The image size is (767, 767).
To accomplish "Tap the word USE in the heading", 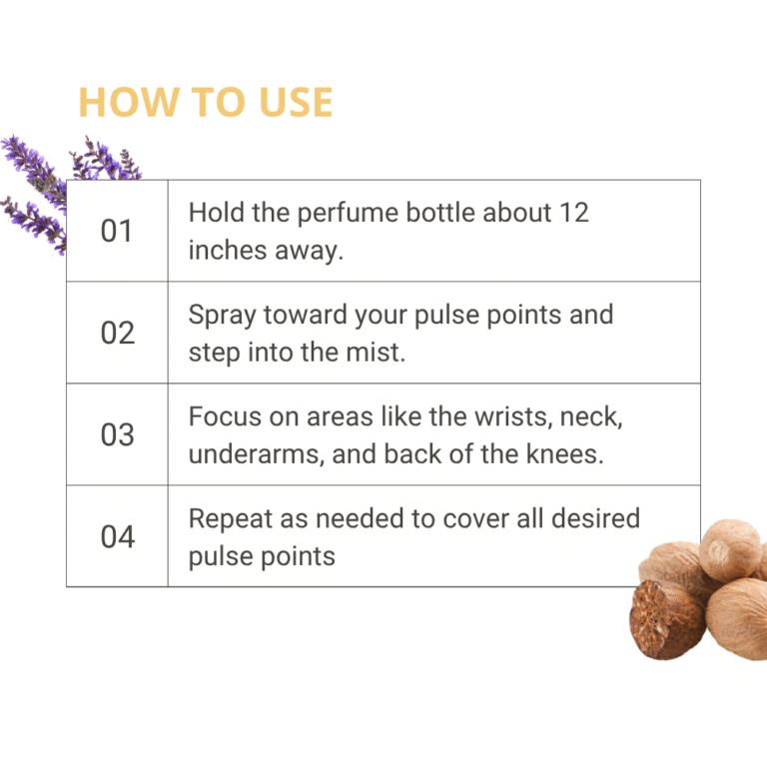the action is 296,102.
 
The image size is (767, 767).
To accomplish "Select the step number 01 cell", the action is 117,231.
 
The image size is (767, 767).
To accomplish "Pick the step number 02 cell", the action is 117,333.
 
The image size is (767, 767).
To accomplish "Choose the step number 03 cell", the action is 117,434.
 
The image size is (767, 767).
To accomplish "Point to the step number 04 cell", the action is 117,536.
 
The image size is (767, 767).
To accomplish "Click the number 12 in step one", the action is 574,213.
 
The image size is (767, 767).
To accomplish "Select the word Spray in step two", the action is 222,316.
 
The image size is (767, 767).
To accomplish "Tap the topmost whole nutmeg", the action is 730,549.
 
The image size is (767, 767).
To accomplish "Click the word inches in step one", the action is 228,250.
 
